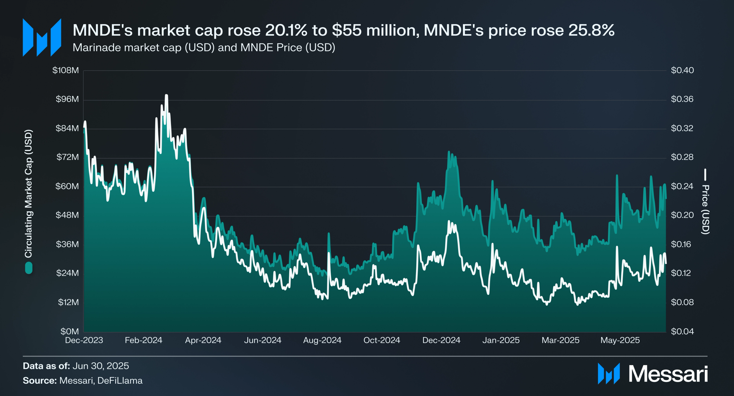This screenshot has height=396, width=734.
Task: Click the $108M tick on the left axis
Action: pyautogui.click(x=65, y=70)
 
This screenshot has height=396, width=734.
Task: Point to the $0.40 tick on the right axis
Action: pyautogui.click(x=682, y=70)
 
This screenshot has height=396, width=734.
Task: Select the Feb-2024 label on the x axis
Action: pyautogui.click(x=143, y=340)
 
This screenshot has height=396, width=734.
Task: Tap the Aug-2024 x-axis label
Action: pyautogui.click(x=322, y=340)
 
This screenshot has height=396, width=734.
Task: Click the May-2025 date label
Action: pyautogui.click(x=620, y=340)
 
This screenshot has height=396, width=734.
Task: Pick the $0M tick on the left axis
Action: pyautogui.click(x=70, y=331)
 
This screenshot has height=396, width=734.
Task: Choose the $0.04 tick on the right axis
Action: pyautogui.click(x=682, y=331)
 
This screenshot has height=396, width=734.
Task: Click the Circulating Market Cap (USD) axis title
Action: pyautogui.click(x=28, y=194)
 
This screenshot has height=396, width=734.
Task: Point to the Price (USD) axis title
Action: pyautogui.click(x=705, y=209)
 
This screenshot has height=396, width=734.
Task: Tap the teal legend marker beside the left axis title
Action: pyautogui.click(x=29, y=268)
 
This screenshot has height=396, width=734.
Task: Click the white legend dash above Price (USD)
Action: pyautogui.click(x=705, y=175)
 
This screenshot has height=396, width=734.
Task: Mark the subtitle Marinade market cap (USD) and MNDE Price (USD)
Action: pyautogui.click(x=204, y=47)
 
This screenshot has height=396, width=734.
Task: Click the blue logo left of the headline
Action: pyautogui.click(x=42, y=37)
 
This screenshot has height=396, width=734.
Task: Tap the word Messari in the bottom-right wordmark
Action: pyautogui.click(x=668, y=374)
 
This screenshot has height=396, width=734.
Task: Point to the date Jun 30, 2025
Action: pyautogui.click(x=101, y=366)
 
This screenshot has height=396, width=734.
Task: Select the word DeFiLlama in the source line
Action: pyautogui.click(x=120, y=381)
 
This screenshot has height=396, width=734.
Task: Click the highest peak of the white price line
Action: pyautogui.click(x=167, y=95)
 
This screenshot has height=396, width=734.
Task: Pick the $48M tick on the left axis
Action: pyautogui.click(x=67, y=215)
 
